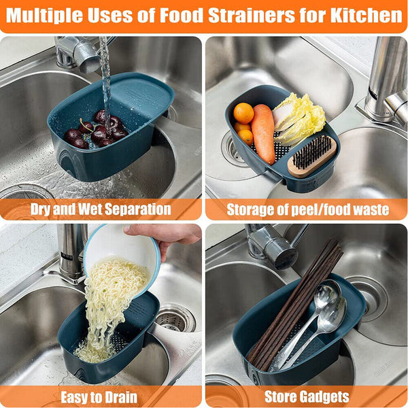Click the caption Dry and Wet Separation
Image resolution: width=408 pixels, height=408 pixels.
tap(101, 209)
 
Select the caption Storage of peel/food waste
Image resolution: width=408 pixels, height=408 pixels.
tap(306, 209)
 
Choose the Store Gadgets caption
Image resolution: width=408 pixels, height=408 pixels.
tap(306, 397)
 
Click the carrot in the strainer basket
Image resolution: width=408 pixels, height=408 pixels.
tap(263, 133)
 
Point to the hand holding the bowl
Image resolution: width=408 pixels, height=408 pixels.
tap(167, 235)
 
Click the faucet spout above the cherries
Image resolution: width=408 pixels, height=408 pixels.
tap(85, 58)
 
